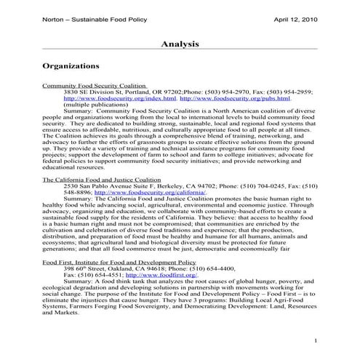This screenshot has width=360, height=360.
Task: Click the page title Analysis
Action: pyautogui.click(x=180, y=44)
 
